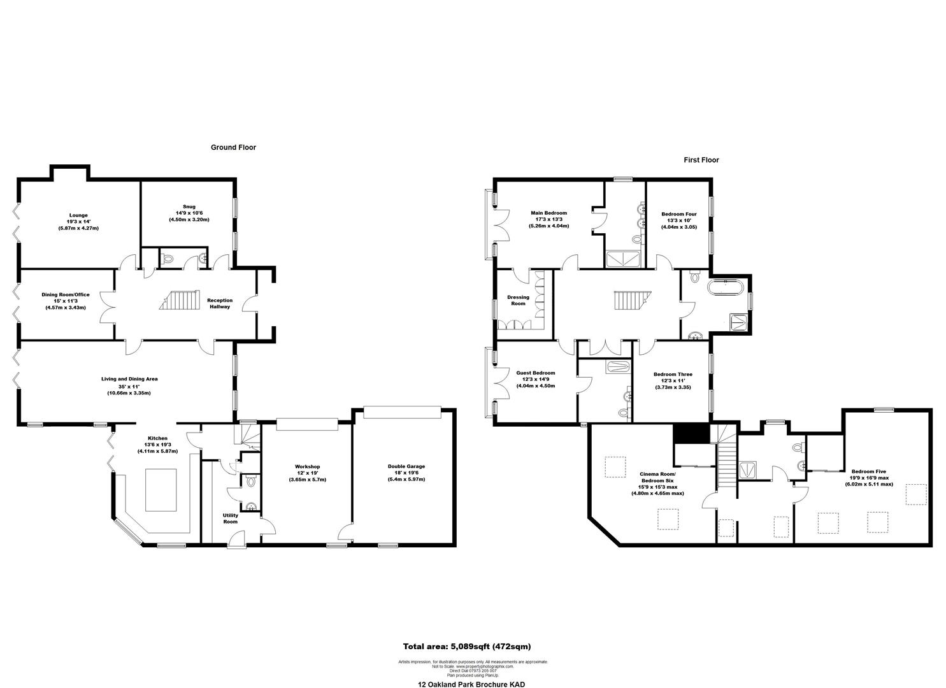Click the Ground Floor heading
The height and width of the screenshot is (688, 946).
coord(233,147)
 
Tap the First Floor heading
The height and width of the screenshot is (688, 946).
coord(701,160)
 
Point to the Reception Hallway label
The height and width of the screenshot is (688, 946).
coord(220,303)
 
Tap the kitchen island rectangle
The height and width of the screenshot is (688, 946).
coord(161,489)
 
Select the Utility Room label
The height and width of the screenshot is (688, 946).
coord(230,519)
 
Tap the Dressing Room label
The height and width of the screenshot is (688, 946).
coord(518,300)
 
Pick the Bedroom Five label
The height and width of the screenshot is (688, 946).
coord(869,477)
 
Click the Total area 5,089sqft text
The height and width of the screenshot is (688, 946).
coord(467,646)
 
